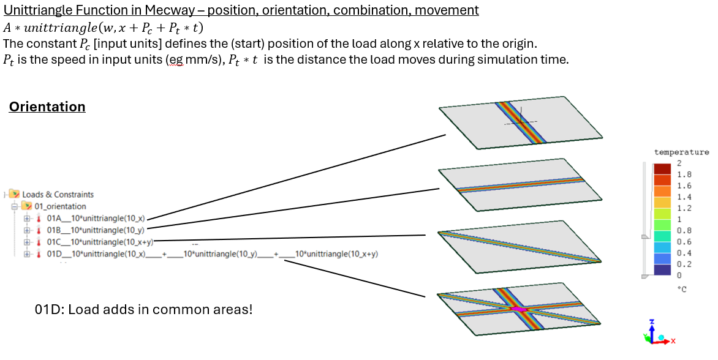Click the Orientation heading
pyautogui.click(x=47, y=107)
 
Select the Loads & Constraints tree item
pyautogui.click(x=58, y=194)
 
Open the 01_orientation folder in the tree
pyautogui.click(x=60, y=206)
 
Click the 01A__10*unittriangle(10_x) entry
pyautogui.click(x=95, y=219)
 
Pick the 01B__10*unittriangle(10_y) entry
pyautogui.click(x=95, y=230)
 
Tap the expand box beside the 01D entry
pyautogui.click(x=26, y=253)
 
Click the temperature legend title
pyautogui.click(x=681, y=152)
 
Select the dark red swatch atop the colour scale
pyautogui.click(x=662, y=168)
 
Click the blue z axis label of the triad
pyautogui.click(x=652, y=322)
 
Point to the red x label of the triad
pyautogui.click(x=672, y=340)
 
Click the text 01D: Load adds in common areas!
pyautogui.click(x=144, y=309)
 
